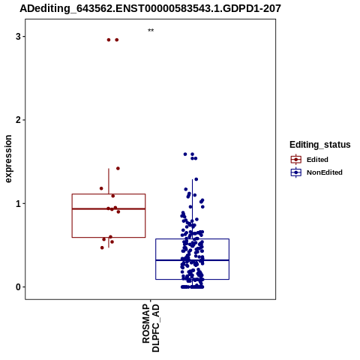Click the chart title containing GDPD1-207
(150, 8)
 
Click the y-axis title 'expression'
(8, 159)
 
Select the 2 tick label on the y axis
(18, 120)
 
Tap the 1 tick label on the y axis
(18, 204)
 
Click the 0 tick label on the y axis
(18, 287)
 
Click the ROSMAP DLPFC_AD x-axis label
(151, 328)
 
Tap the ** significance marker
(151, 31)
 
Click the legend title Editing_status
(320, 145)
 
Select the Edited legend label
(317, 160)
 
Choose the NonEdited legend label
(325, 172)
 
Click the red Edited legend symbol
(296, 160)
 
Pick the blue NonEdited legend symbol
(296, 172)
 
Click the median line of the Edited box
(109, 208)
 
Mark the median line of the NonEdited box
(193, 260)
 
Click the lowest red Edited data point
(102, 247)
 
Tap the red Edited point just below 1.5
(118, 169)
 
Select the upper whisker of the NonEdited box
(193, 209)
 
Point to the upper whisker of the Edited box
(109, 181)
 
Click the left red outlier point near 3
(109, 40)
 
